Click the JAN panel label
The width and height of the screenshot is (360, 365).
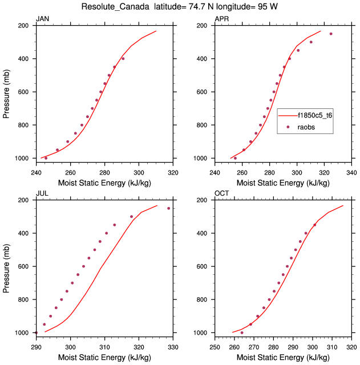click(42, 19)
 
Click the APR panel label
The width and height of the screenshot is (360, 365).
click(221, 19)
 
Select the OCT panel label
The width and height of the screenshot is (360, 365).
click(221, 194)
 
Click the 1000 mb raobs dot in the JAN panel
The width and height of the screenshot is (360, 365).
click(46, 158)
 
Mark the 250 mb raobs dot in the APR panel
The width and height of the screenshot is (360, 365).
click(331, 34)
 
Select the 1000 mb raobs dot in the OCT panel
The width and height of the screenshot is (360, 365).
click(242, 332)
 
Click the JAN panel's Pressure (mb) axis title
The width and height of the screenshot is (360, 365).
click(7, 92)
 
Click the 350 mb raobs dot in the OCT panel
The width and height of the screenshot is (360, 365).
click(314, 225)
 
